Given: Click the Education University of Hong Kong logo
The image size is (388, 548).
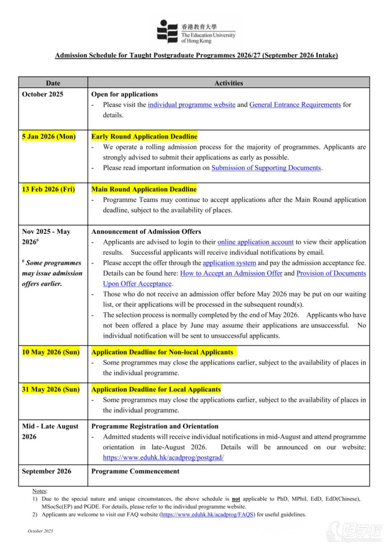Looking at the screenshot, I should click(195, 31).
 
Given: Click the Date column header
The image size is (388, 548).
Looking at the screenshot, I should click(53, 83).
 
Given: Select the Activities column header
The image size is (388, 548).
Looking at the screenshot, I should click(228, 83).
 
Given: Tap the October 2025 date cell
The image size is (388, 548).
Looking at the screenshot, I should click(43, 94).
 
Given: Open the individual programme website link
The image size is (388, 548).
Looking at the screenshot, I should click(192, 105).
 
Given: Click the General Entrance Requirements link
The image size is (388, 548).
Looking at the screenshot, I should click(295, 105).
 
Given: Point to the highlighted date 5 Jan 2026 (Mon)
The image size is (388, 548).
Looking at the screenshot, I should click(48, 137).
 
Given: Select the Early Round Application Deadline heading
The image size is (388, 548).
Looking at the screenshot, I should click(144, 137).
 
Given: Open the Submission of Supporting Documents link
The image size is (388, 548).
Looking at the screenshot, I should click(266, 168).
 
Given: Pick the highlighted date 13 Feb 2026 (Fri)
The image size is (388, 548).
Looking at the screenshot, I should click(48, 189).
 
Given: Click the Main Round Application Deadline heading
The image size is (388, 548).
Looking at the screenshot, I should click(144, 189).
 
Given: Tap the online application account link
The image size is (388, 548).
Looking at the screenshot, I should click(255, 242).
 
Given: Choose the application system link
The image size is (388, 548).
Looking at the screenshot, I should click(229, 263).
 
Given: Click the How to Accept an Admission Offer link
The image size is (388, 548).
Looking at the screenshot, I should click(231, 273).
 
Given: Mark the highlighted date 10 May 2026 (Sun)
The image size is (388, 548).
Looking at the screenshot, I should click(50, 352).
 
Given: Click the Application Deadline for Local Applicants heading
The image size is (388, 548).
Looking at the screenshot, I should click(156, 389).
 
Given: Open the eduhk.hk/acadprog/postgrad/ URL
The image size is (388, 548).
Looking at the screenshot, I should click(163, 457).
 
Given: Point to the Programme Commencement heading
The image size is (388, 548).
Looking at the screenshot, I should click(135, 471).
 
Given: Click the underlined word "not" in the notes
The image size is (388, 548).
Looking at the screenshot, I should click(236, 499).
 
